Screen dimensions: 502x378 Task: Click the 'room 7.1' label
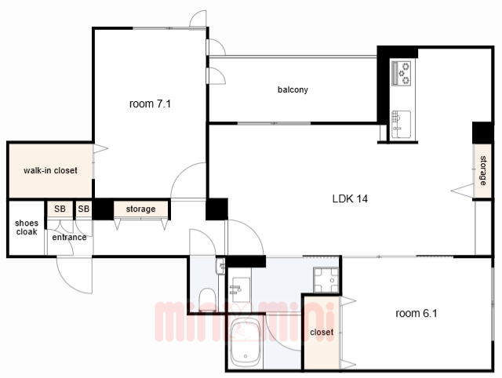coord(150,104)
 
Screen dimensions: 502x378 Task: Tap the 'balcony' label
coord(293,89)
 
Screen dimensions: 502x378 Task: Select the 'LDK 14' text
coord(350,198)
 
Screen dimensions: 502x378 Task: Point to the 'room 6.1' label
coord(417,313)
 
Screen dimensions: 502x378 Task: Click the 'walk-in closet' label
coord(50,170)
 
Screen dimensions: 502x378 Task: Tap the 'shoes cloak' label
coord(27,227)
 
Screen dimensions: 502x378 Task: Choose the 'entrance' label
coord(69,237)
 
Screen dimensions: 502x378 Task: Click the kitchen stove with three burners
coord(402,73)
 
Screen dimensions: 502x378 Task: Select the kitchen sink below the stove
coord(401,124)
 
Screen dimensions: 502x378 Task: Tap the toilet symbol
coord(207,300)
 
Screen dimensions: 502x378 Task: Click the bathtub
coord(245,343)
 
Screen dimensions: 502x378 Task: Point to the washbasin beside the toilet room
coord(240,289)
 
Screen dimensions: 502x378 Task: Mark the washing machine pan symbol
coord(326,280)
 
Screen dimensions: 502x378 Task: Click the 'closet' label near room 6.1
coord(322,333)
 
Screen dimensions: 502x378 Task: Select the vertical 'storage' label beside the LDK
coord(483,171)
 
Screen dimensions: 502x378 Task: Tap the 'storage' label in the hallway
coord(140,209)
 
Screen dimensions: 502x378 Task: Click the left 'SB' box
coord(60,209)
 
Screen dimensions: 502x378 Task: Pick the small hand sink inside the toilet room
coord(221,267)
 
